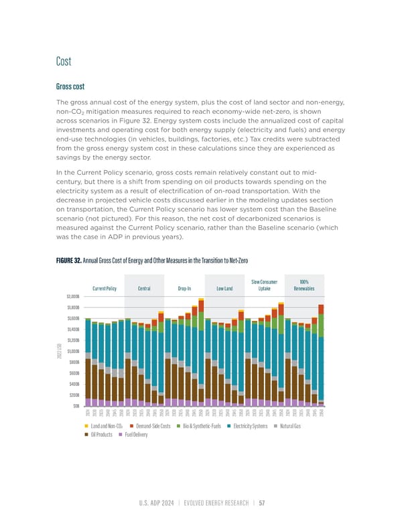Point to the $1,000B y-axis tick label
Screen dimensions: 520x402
click(73, 350)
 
